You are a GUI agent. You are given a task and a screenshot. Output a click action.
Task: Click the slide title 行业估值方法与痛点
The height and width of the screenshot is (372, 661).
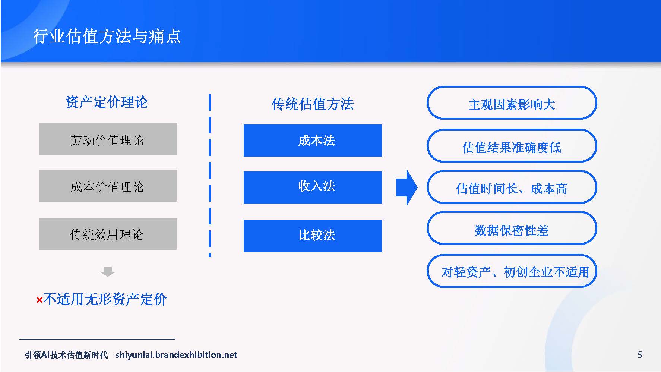(x=107, y=37)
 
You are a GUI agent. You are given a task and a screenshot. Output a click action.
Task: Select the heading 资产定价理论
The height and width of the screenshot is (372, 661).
(x=107, y=102)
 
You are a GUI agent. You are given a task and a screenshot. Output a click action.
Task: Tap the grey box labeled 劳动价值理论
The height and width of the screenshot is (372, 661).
(x=108, y=139)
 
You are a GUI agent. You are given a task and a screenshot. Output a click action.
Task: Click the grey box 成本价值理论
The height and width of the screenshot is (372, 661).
(x=108, y=186)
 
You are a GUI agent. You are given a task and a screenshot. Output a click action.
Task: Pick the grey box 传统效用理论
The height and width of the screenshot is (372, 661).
(x=108, y=234)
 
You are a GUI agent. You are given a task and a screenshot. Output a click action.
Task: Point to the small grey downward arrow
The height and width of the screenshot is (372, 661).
(x=108, y=271)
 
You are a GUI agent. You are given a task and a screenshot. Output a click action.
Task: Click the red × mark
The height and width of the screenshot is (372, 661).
(x=39, y=300)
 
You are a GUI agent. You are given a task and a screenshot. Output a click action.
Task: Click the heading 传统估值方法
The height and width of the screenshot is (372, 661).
(x=312, y=104)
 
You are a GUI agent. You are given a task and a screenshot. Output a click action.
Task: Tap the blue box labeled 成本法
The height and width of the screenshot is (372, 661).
(x=313, y=141)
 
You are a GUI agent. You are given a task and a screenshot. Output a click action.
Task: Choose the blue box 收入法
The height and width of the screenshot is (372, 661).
(x=313, y=187)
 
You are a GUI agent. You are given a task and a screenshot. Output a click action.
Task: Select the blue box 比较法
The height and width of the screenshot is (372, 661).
(x=313, y=236)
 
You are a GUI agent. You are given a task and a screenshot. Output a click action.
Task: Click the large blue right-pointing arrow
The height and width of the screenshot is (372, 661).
(x=407, y=187)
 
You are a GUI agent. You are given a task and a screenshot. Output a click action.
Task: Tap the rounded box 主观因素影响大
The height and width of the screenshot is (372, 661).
(x=512, y=103)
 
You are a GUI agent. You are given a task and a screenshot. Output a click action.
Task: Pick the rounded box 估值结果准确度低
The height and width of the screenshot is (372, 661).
(x=512, y=146)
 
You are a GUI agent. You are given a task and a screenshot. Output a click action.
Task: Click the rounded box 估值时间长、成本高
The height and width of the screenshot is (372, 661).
(x=512, y=187)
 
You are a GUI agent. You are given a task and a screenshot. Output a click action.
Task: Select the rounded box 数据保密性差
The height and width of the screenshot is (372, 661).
(x=512, y=228)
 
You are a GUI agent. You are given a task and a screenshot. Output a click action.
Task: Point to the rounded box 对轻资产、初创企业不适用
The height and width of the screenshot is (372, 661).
(x=512, y=271)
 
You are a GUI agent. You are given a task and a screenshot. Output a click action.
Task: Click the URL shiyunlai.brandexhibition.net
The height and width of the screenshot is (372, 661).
(x=176, y=355)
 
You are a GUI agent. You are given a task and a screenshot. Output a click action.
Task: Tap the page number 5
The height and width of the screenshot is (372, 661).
(x=640, y=355)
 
